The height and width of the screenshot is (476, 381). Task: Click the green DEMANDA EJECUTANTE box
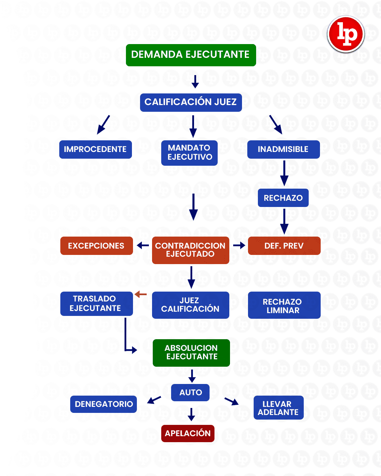coord(191,55)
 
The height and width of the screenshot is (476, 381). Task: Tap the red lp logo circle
coord(346,34)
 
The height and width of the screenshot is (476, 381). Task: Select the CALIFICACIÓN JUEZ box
coord(191,102)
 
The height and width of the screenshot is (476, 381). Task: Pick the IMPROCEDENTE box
coord(95,149)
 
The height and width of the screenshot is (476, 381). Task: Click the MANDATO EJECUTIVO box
coord(189,153)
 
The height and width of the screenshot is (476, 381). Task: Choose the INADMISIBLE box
coord(283,149)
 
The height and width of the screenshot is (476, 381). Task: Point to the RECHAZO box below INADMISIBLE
coord(283,198)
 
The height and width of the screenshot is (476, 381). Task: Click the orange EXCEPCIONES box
coord(96,246)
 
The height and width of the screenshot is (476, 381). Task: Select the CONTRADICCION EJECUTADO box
coord(190,250)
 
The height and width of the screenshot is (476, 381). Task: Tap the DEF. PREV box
coord(284,246)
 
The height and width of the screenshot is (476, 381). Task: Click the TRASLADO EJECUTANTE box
coord(96,304)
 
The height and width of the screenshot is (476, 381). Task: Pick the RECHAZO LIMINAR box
coord(284,305)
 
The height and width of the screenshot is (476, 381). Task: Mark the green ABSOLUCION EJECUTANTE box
coord(191,353)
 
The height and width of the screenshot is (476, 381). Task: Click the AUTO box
coord(190,392)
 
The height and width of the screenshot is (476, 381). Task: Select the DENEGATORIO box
coord(103,404)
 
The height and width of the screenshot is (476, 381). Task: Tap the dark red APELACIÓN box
coord(188,433)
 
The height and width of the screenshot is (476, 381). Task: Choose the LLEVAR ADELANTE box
coord(278,408)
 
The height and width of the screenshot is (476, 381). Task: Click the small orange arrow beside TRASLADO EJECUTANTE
coord(141,294)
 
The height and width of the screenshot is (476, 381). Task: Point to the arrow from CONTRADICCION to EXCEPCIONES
coord(143,245)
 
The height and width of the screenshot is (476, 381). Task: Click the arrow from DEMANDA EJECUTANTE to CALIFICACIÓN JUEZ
coord(195,81)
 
